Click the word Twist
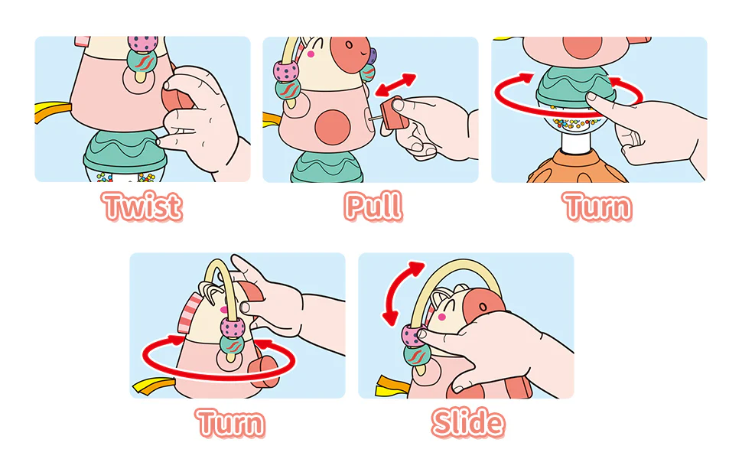pyautogui.click(x=142, y=207)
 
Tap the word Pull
pyautogui.click(x=373, y=207)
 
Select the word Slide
pyautogui.click(x=468, y=422)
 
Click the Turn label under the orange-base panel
pyautogui.click(x=597, y=207)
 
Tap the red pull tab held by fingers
pyautogui.click(x=394, y=114)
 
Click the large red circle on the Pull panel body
pyautogui.click(x=333, y=127)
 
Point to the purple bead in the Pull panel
pyautogui.click(x=372, y=57)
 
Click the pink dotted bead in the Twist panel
pyautogui.click(x=142, y=44)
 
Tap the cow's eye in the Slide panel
pyautogui.click(x=483, y=307)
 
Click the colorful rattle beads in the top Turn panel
pyautogui.click(x=574, y=123)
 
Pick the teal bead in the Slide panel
pyautogui.click(x=416, y=355)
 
